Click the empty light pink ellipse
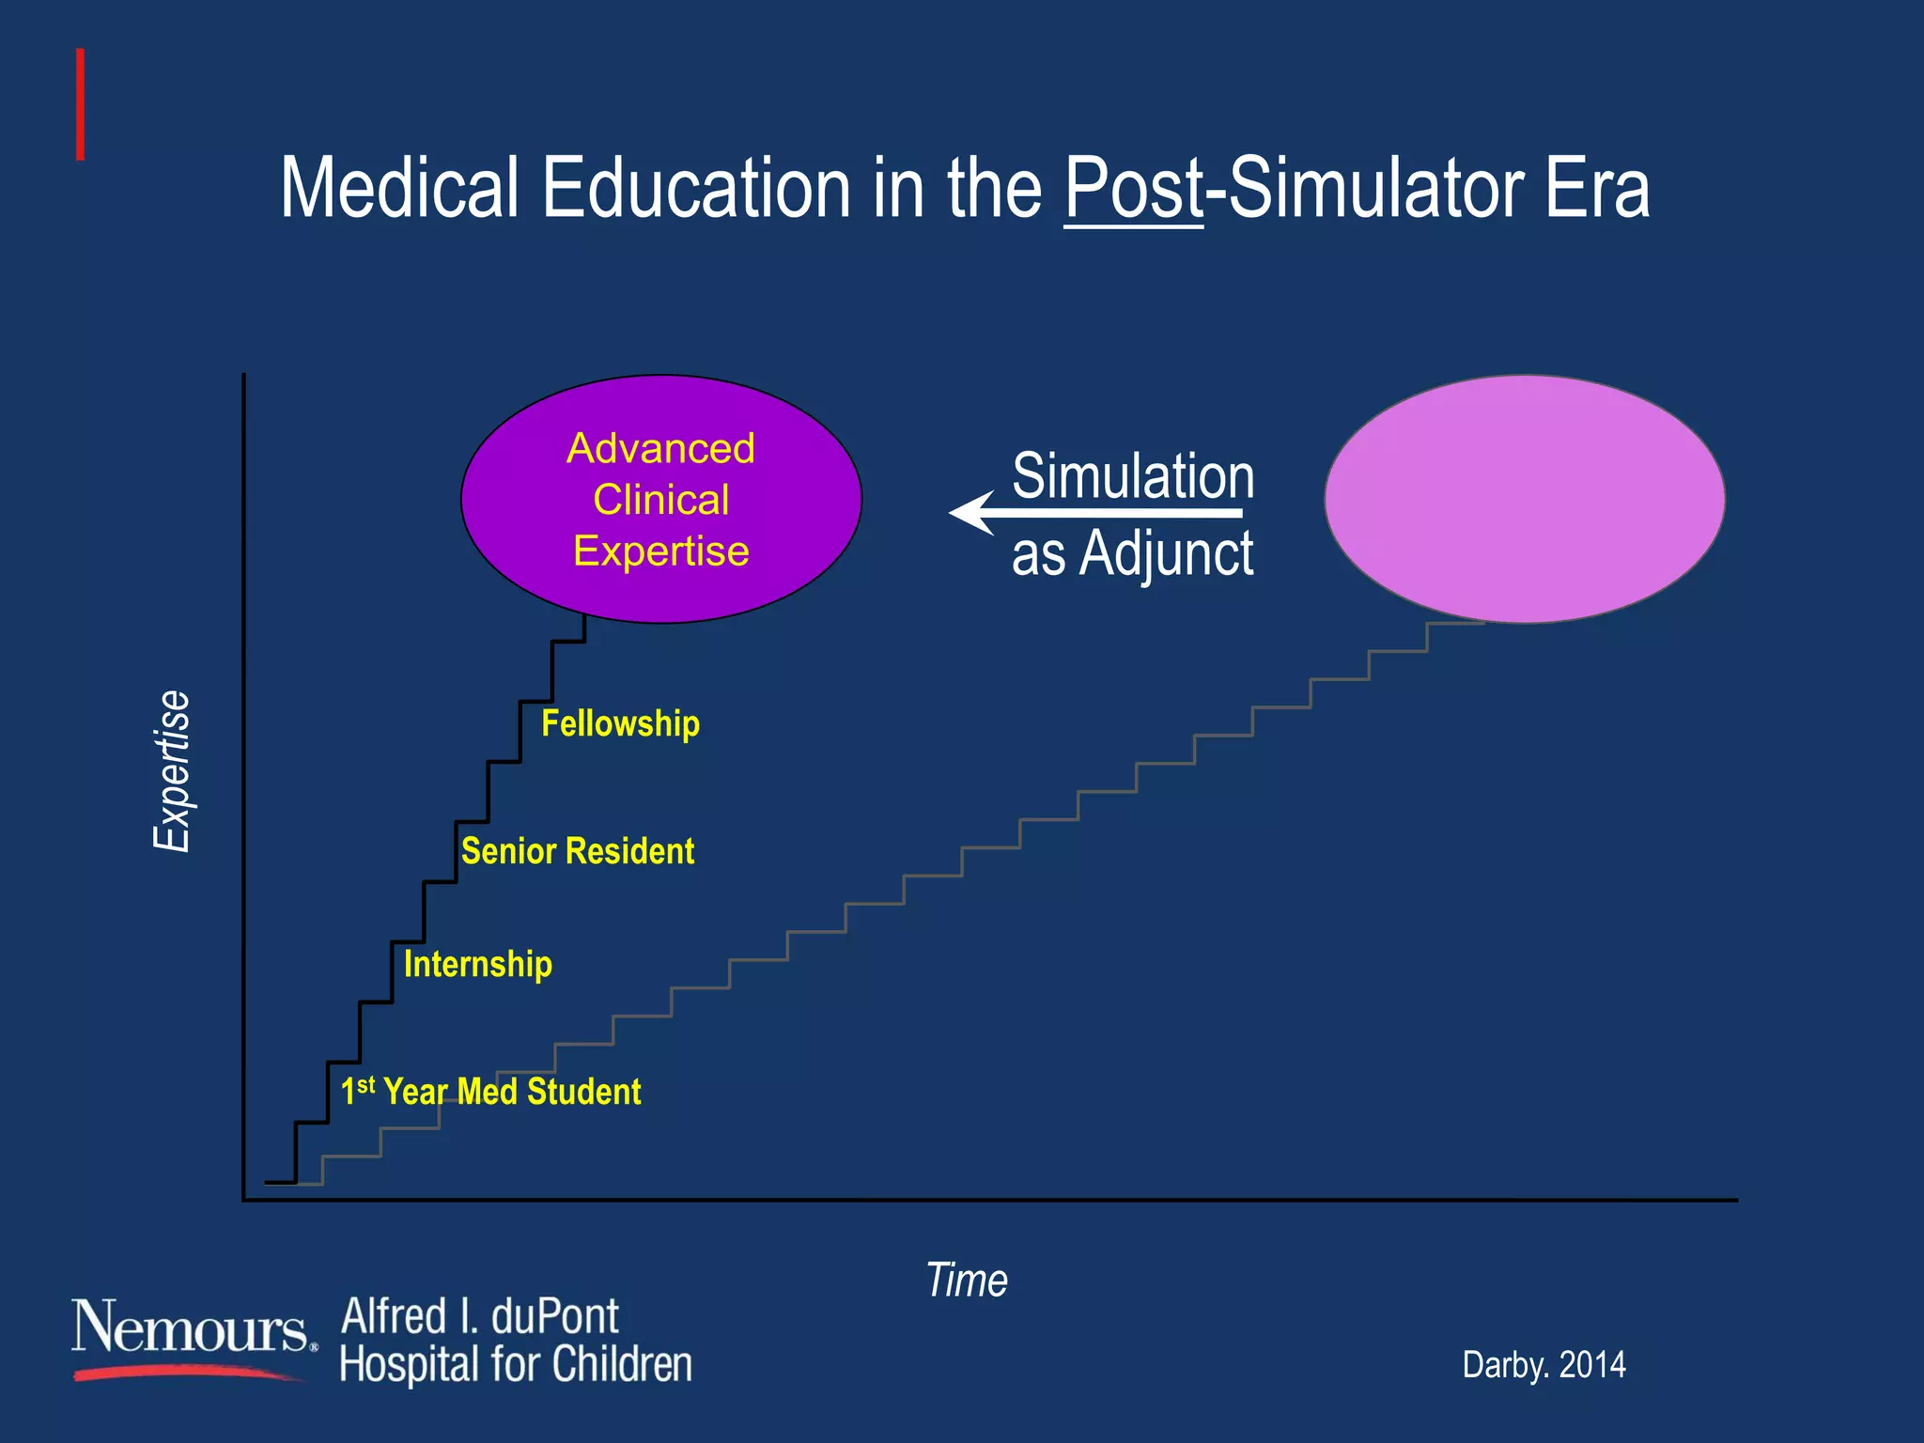[x=1524, y=499]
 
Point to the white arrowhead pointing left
[x=973, y=513]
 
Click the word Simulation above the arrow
[x=1133, y=476]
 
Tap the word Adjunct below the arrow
[x=1166, y=554]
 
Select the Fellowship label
[x=620, y=723]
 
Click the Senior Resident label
[x=577, y=851]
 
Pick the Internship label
[x=477, y=964]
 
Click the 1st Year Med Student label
[x=490, y=1092]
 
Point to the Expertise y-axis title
[x=173, y=770]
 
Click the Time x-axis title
[x=967, y=1280]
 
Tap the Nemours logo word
[x=191, y=1327]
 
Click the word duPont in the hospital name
[x=554, y=1316]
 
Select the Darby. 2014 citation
[x=1544, y=1365]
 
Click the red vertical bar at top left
[x=81, y=104]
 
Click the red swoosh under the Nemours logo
[x=188, y=1373]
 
